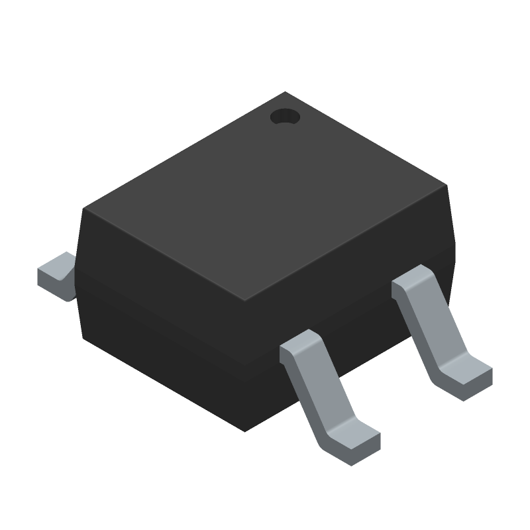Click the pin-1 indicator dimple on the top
coord(285,117)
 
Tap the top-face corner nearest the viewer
coord(245,299)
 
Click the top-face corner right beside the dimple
coord(285,93)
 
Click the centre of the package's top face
coord(265,197)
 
